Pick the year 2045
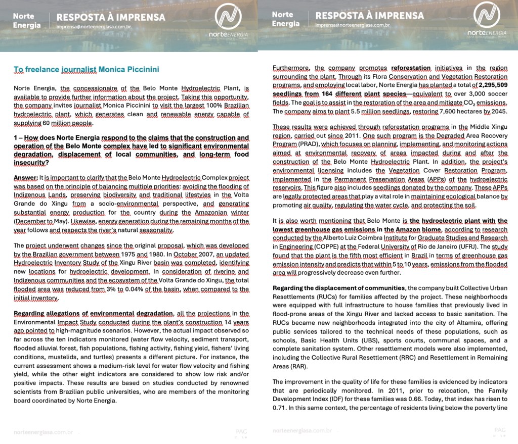point(499,111)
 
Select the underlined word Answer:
point(25,178)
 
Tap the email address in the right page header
point(353,25)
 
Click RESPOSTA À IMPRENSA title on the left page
point(111,17)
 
